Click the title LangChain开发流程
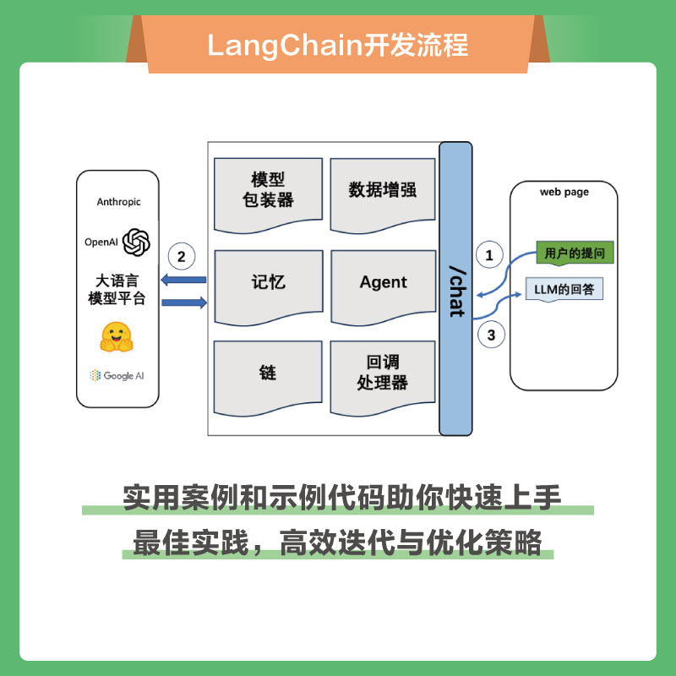click(338, 44)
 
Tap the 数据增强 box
click(383, 191)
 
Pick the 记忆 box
click(268, 283)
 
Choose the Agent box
click(383, 283)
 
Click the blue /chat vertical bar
click(455, 287)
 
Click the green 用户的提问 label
click(574, 253)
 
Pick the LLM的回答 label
click(564, 290)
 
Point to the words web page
click(564, 193)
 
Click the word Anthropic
click(119, 202)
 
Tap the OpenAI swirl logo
click(136, 242)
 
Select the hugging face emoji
click(117, 336)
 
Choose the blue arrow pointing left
click(183, 280)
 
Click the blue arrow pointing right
click(183, 302)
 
